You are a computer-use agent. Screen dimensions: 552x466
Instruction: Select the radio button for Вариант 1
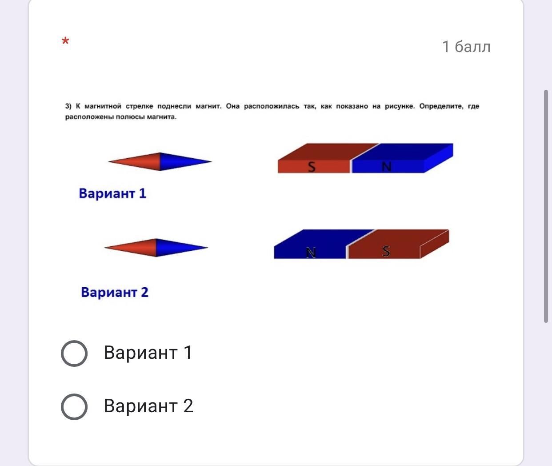click(x=74, y=353)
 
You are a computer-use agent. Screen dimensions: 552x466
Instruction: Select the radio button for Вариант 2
click(x=74, y=406)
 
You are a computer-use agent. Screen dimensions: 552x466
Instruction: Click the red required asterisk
click(x=65, y=41)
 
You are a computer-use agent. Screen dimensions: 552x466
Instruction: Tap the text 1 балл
click(x=466, y=47)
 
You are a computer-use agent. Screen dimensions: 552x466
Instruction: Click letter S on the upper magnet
click(x=312, y=167)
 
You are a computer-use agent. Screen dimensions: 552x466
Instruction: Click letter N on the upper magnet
click(x=387, y=167)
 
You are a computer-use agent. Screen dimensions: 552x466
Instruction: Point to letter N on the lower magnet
click(x=311, y=253)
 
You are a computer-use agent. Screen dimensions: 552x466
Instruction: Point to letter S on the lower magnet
click(x=386, y=251)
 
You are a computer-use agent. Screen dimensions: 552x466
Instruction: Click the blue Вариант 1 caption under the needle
click(x=112, y=193)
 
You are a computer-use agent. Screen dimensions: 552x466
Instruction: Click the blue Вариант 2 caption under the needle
click(x=115, y=292)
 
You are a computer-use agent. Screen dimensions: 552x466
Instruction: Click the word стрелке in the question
click(x=139, y=106)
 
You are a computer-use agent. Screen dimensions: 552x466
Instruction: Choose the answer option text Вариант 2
click(x=148, y=406)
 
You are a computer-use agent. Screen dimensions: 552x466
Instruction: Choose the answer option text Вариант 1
click(x=148, y=353)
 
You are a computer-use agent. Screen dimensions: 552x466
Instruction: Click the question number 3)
click(x=68, y=106)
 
